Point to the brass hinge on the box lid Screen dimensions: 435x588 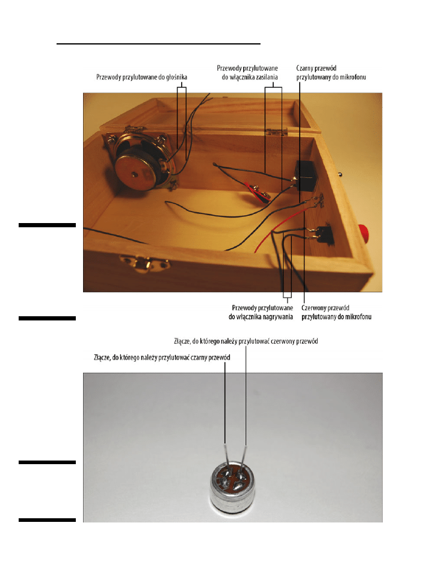277,132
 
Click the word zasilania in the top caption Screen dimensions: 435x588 267,77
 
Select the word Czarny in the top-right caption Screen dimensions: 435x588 305,69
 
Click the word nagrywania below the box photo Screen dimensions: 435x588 278,317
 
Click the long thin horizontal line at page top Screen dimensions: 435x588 158,44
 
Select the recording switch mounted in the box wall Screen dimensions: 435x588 323,234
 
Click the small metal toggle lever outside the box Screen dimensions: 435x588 340,174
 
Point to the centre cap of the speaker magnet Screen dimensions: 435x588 134,174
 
